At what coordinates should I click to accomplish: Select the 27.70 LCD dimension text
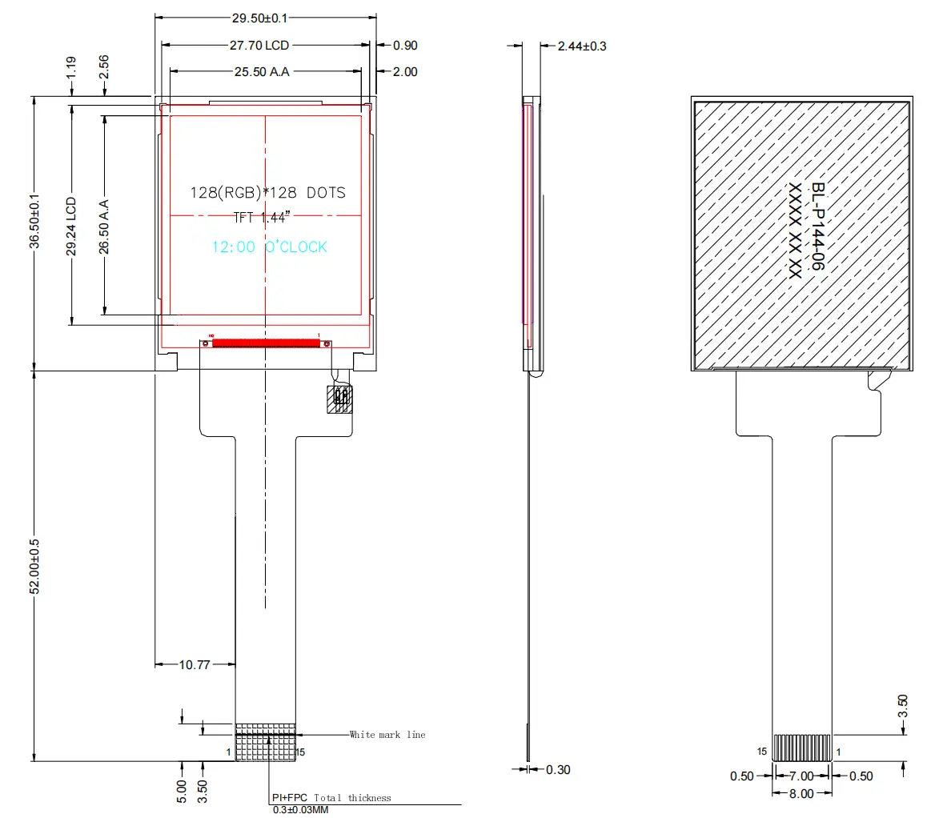[x=260, y=46]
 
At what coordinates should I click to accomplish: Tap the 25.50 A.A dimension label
[x=262, y=72]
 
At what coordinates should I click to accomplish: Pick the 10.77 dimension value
[x=195, y=664]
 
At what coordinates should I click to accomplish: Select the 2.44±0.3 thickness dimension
[x=582, y=46]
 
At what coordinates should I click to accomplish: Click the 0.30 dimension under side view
[x=558, y=770]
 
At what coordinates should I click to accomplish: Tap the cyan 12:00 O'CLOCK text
[x=269, y=247]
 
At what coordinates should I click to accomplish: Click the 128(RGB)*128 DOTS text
[x=267, y=193]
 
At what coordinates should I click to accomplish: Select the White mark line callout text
[x=387, y=735]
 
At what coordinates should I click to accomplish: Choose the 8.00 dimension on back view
[x=801, y=794]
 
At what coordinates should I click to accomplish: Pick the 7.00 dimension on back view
[x=801, y=776]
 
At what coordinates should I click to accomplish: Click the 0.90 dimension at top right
[x=405, y=46]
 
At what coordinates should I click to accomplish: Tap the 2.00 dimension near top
[x=405, y=72]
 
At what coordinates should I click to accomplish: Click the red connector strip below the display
[x=266, y=343]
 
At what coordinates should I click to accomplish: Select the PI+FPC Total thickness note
[x=331, y=798]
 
